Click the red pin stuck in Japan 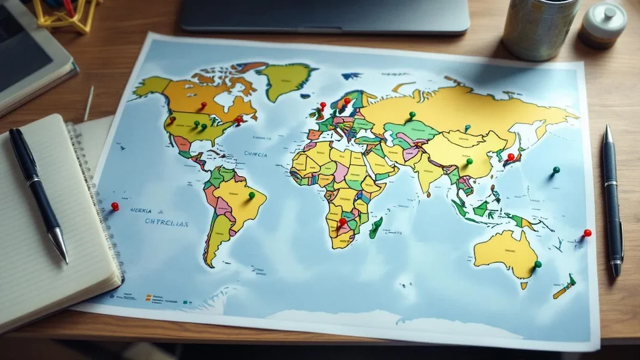tap(511, 157)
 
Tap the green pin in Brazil tap(252, 195)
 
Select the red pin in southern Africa tap(342, 221)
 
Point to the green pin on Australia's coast tap(537, 264)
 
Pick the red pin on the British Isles tap(322, 106)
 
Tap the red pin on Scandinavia tap(347, 100)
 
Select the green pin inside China tap(469, 161)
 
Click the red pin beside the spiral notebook tap(114, 206)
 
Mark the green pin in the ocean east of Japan tap(556, 170)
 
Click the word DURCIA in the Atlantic tap(256, 154)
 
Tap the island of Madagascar tap(376, 227)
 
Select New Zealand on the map tap(564, 287)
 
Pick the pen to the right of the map tap(612, 200)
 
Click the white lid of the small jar tap(605, 17)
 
